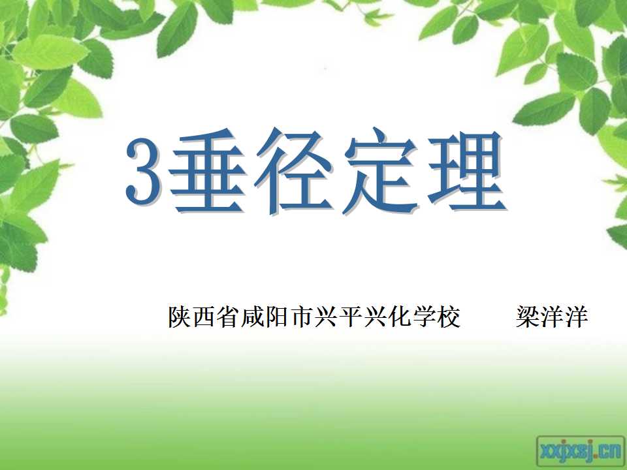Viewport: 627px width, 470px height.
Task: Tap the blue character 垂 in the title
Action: (x=208, y=171)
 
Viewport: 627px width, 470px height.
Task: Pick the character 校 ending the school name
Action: (x=448, y=317)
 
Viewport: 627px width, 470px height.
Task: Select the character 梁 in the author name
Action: (x=528, y=317)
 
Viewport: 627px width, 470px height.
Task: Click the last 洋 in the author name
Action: (x=576, y=317)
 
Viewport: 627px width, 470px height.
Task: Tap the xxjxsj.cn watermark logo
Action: (x=581, y=452)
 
